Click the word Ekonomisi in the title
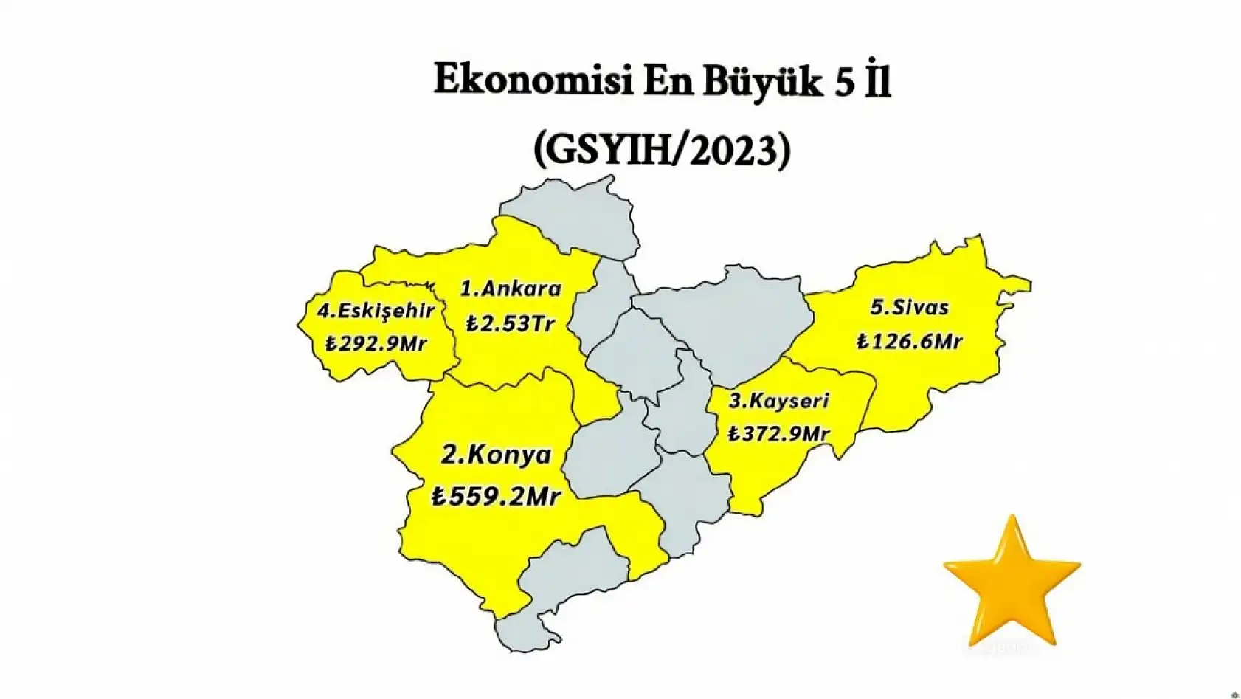[532, 81]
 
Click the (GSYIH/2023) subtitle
[662, 151]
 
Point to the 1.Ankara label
[511, 289]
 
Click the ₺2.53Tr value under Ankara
[510, 323]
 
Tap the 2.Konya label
[496, 455]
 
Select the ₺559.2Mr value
[496, 496]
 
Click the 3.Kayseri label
[778, 402]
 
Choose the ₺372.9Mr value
[778, 433]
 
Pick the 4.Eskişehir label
[376, 311]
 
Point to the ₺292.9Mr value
[376, 343]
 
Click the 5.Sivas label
[909, 307]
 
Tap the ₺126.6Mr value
[909, 341]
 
